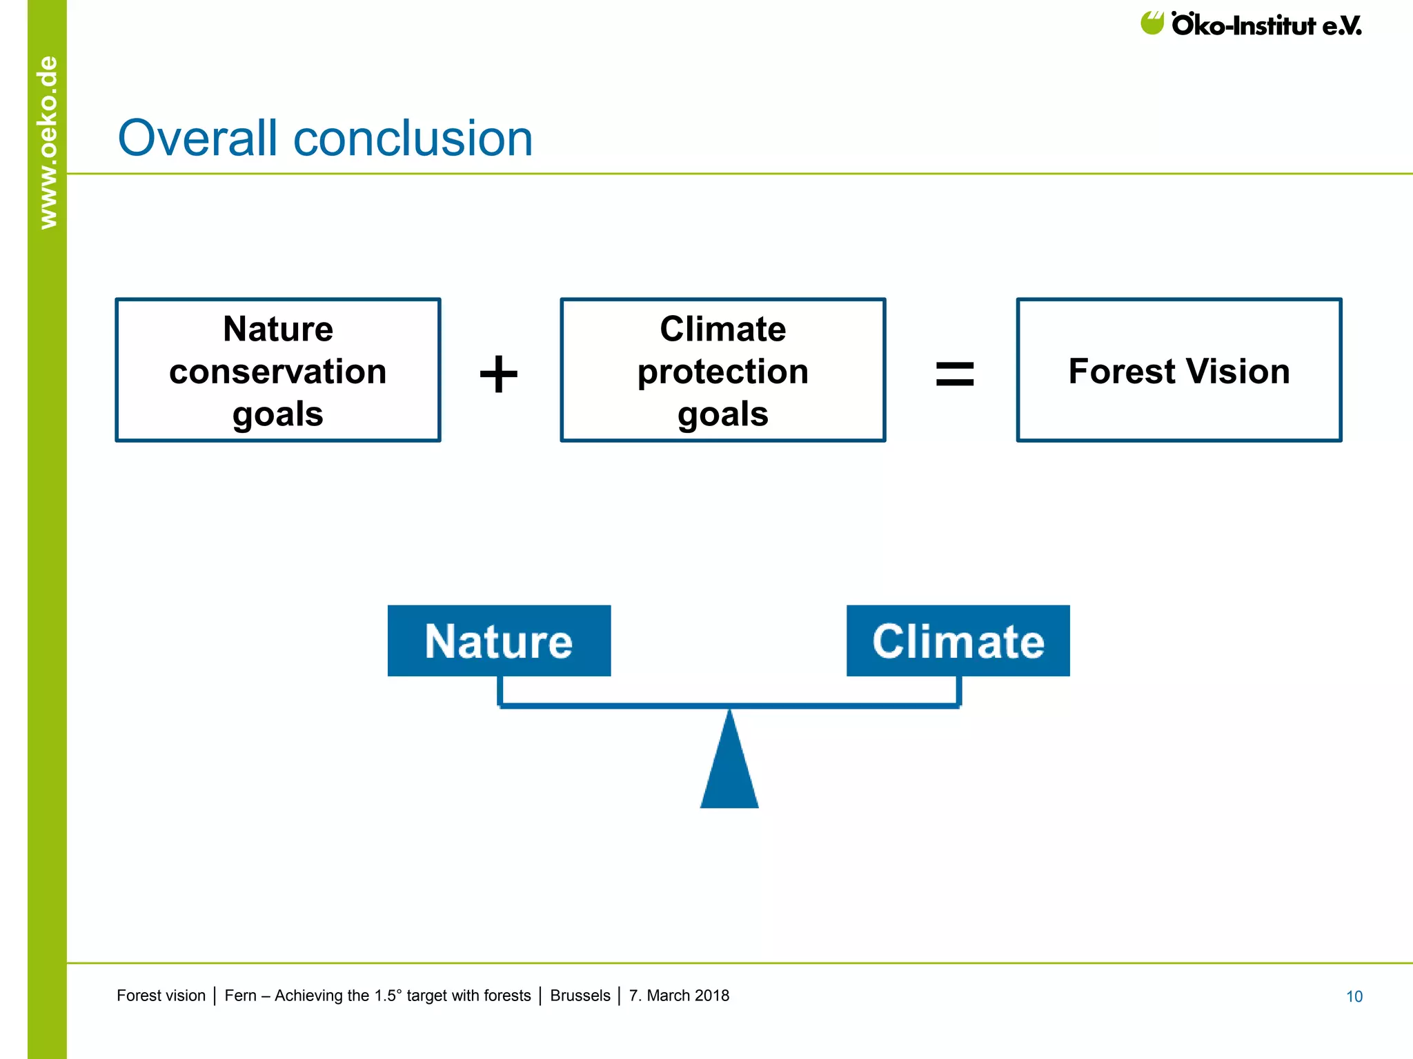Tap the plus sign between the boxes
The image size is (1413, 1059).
pyautogui.click(x=498, y=374)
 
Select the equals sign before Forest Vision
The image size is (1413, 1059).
pyautogui.click(x=954, y=374)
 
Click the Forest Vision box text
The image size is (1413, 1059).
pyautogui.click(x=1178, y=371)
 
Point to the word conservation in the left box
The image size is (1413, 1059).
pyautogui.click(x=277, y=372)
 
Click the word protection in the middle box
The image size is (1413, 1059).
pyautogui.click(x=722, y=372)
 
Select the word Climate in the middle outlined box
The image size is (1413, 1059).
pyautogui.click(x=722, y=329)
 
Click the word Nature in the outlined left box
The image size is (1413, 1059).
pyautogui.click(x=277, y=329)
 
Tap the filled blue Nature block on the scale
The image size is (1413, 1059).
pyautogui.click(x=499, y=641)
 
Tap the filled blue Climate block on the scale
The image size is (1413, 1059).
pyautogui.click(x=958, y=641)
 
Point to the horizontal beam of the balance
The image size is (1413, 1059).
pyautogui.click(x=729, y=705)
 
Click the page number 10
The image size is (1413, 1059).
pyautogui.click(x=1354, y=996)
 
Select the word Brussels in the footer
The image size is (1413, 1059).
pyautogui.click(x=580, y=996)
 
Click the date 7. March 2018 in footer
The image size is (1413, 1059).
pyautogui.click(x=679, y=996)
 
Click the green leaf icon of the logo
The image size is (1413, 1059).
pyautogui.click(x=1152, y=23)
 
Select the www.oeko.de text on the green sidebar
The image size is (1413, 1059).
pyautogui.click(x=48, y=142)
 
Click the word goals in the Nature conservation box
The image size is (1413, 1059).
pyautogui.click(x=277, y=414)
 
